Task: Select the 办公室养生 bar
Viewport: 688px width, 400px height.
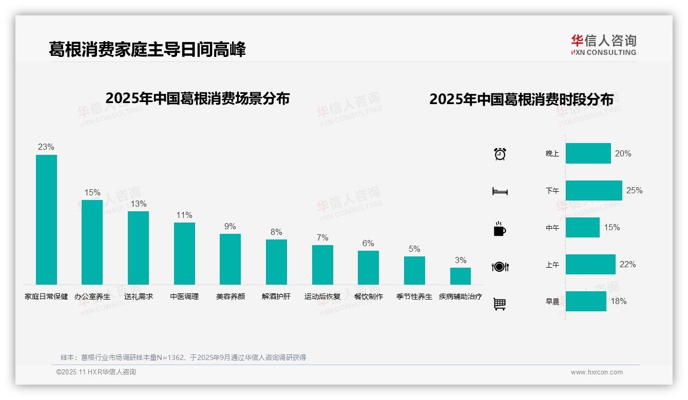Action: coord(92,242)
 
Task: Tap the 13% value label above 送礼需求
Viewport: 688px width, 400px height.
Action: coord(139,204)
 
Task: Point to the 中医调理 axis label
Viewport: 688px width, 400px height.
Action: coord(184,296)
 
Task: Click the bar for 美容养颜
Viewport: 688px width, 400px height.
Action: coord(230,259)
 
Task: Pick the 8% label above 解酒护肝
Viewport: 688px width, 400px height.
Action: coord(276,232)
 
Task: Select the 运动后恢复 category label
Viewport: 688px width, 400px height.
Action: coord(322,296)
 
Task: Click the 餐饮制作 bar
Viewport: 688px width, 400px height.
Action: coord(368,268)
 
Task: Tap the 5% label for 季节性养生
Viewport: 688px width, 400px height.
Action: coord(414,249)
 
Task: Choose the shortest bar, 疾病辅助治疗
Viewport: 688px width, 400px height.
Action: coord(461,276)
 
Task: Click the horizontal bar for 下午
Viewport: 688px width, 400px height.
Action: coord(594,190)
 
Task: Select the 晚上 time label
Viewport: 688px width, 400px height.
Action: coord(552,153)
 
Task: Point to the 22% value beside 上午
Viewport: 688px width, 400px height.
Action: coord(627,264)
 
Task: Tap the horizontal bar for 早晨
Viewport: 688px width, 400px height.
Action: coord(586,301)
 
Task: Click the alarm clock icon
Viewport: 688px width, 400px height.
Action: coord(500,153)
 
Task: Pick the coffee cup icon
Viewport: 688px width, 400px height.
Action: coord(500,229)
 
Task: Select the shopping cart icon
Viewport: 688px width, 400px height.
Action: coord(500,304)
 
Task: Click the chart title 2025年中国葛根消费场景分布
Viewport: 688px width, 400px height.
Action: coord(198,98)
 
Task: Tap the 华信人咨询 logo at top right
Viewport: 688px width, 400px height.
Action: coord(603,45)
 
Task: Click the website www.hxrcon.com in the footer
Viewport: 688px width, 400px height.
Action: coord(597,372)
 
